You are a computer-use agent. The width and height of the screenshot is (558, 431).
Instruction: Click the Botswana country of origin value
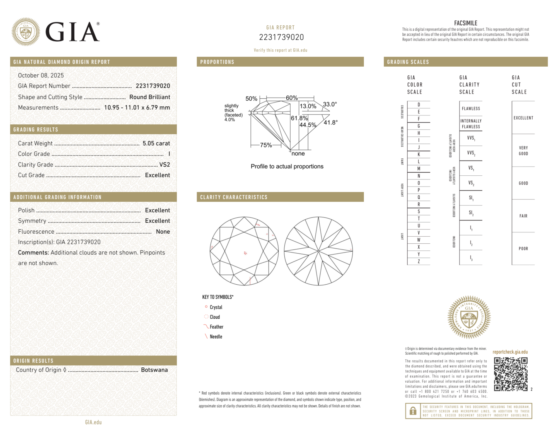tap(154, 370)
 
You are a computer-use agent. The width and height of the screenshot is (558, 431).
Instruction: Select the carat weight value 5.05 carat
tap(156, 143)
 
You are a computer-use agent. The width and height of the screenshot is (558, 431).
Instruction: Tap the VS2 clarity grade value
tap(165, 164)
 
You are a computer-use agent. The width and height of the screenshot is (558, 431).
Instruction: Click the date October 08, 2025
tap(41, 75)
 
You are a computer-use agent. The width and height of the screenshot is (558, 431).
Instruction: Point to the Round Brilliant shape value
tap(149, 97)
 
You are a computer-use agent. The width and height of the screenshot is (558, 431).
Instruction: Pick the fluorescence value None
tap(163, 231)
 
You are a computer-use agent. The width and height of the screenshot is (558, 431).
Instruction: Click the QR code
tap(510, 374)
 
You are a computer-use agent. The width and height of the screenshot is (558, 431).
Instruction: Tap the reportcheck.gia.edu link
tap(510, 352)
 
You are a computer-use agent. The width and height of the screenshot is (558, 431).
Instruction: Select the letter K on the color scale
tap(419, 154)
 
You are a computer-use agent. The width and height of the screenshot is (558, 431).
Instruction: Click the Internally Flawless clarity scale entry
tap(471, 124)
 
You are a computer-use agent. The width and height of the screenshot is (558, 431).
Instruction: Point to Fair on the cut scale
tap(523, 216)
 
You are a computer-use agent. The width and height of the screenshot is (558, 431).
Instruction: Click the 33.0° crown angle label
tap(330, 104)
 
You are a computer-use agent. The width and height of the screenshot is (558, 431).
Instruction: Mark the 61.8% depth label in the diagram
tap(299, 118)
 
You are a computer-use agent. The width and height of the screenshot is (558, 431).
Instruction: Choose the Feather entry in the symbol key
tap(216, 327)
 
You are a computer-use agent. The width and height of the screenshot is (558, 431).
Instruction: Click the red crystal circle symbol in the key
tap(206, 307)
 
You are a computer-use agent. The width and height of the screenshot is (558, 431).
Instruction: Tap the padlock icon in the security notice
tap(413, 411)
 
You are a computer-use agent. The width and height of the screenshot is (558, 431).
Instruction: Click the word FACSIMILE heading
tap(465, 23)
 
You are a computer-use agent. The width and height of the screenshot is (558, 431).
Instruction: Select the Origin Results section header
tap(33, 361)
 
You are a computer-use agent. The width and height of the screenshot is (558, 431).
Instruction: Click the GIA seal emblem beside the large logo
tap(26, 32)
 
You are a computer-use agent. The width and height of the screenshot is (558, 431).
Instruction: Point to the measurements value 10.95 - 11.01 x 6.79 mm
tap(137, 108)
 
